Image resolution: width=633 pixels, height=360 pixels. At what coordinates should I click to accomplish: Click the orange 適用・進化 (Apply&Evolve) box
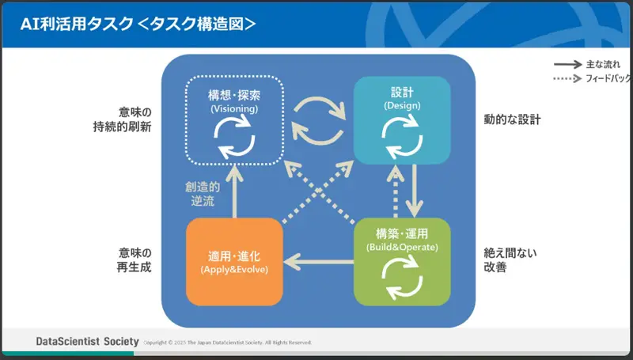pos(234,262)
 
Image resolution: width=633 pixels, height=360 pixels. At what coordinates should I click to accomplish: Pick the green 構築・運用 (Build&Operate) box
pos(402,260)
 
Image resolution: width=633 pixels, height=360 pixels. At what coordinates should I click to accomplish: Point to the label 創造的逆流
pos(200,195)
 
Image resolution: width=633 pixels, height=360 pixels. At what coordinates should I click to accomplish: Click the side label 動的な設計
pos(512,119)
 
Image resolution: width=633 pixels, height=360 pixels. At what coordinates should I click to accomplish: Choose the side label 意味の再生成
pos(135,260)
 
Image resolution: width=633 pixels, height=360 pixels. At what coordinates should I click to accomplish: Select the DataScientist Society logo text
pos(87,341)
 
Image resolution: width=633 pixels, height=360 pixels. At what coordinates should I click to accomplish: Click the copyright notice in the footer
pos(228,343)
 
